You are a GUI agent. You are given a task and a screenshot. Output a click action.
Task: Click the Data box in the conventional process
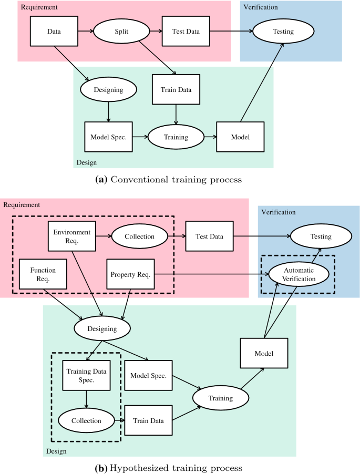(54, 32)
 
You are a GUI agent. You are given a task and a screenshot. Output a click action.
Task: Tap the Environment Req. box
(71, 236)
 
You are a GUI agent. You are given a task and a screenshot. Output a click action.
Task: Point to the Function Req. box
(43, 274)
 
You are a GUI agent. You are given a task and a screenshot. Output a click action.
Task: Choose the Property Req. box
(130, 274)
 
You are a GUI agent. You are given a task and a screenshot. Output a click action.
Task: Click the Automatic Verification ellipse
(299, 274)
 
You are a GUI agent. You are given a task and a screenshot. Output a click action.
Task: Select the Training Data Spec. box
(86, 376)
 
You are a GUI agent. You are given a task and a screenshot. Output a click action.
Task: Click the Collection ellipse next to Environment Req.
(139, 236)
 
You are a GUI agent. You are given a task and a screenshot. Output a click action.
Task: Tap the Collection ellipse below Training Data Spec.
(86, 420)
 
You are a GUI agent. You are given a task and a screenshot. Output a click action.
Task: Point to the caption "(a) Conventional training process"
(167, 179)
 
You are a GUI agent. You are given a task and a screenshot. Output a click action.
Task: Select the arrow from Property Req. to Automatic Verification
(210, 274)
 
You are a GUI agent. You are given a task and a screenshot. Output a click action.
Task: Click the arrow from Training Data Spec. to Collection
(86, 400)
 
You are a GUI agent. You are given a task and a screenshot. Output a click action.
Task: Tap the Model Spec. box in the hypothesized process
(149, 376)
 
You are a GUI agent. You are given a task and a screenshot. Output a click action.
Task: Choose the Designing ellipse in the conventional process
(108, 89)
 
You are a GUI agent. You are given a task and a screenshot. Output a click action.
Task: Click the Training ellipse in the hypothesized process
(220, 398)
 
